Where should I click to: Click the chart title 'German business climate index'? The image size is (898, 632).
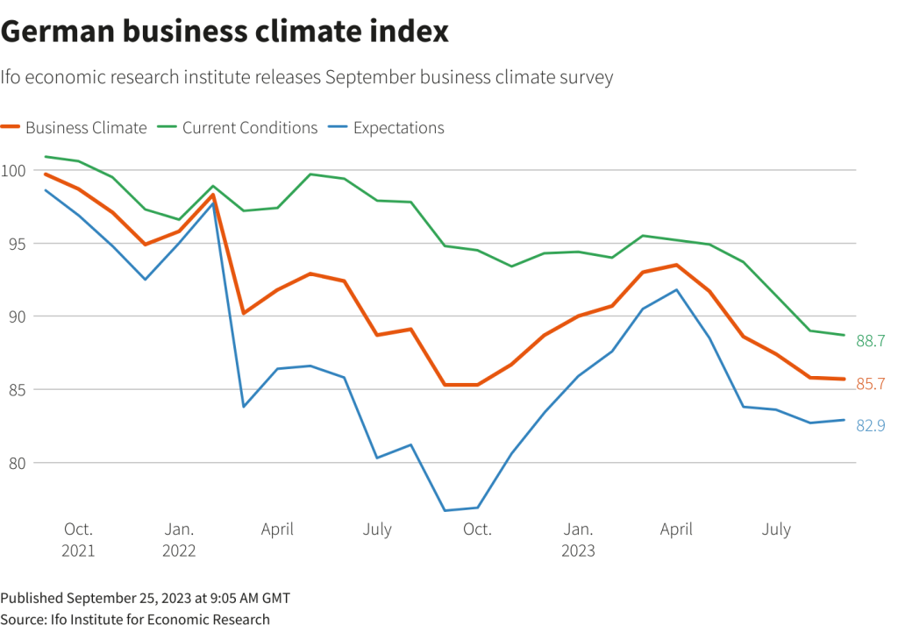224,32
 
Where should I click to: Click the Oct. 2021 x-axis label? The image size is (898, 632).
78,540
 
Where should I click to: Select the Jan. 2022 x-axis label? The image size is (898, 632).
179,540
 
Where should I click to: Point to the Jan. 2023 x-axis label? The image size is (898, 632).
578,540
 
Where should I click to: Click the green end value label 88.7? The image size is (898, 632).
870,341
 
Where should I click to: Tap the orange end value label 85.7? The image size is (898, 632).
870,383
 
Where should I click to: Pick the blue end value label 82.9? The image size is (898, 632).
870,426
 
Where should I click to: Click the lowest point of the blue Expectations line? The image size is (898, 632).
445,510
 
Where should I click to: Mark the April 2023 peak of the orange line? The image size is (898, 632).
676,265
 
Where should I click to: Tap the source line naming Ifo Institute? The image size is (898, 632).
135,619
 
